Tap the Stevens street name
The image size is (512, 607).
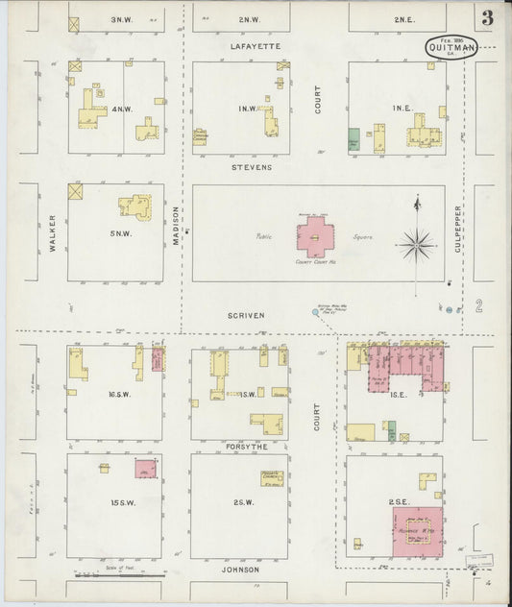(x=252, y=167)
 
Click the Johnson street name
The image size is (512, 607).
(x=240, y=570)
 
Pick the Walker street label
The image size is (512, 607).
(x=52, y=232)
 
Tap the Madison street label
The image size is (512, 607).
(x=177, y=227)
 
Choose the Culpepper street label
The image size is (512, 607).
(x=459, y=230)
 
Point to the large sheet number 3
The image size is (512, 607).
(x=488, y=17)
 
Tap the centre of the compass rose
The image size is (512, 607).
(x=416, y=244)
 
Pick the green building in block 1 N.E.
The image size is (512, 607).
(x=354, y=139)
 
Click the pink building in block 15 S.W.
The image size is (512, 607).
(x=145, y=469)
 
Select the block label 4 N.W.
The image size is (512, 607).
(x=121, y=109)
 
